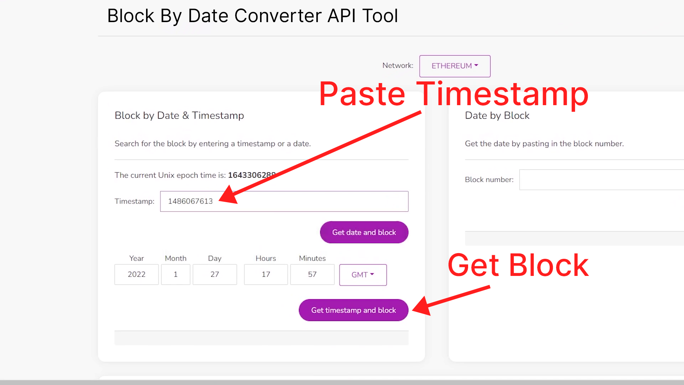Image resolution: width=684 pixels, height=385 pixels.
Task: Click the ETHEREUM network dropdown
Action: (455, 66)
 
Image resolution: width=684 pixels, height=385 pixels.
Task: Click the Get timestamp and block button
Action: (353, 310)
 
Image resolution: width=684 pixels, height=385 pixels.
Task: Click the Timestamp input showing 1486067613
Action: (284, 201)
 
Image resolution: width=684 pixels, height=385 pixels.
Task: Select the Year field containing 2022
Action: (136, 274)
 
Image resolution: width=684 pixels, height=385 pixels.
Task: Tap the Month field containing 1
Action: (176, 274)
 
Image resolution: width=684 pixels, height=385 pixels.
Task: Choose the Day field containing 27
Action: (215, 274)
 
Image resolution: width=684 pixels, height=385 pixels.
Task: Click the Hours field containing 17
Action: (266, 274)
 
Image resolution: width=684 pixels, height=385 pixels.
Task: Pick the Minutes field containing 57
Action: (312, 274)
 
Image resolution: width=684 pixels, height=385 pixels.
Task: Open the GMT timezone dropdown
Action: (363, 275)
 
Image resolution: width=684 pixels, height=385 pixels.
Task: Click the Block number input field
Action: (602, 180)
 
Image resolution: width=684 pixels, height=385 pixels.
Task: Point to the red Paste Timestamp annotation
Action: (454, 94)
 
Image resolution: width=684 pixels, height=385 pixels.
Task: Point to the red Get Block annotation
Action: (518, 265)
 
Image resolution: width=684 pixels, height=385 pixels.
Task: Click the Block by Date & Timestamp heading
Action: (179, 115)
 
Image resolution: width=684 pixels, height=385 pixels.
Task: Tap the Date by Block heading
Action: (497, 115)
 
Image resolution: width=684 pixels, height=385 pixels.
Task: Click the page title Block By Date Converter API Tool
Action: (253, 16)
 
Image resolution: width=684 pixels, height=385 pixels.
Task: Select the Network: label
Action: (398, 66)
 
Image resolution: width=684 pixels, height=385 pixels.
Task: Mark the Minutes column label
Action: (312, 258)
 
